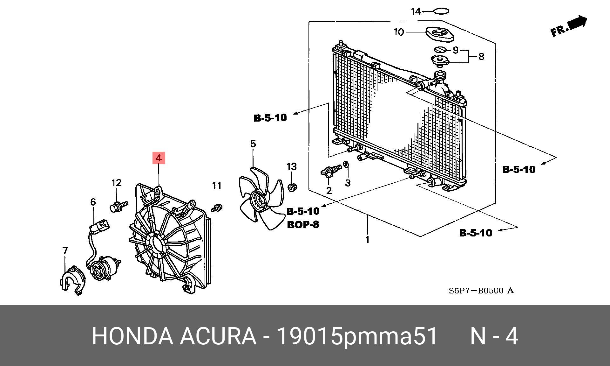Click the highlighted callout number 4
pyautogui.click(x=159, y=158)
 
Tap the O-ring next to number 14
pyautogui.click(x=441, y=12)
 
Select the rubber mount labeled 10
pyautogui.click(x=439, y=34)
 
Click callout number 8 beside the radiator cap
pyautogui.click(x=481, y=57)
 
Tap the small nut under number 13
pyautogui.click(x=292, y=187)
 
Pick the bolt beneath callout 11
pyautogui.click(x=217, y=208)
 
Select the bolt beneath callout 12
pyautogui.click(x=118, y=206)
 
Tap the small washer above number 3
pyautogui.click(x=347, y=165)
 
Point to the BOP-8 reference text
pyautogui.click(x=303, y=225)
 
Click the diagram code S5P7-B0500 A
pyautogui.click(x=481, y=291)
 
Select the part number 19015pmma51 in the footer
pyautogui.click(x=357, y=336)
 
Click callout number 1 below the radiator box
pyautogui.click(x=368, y=240)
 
